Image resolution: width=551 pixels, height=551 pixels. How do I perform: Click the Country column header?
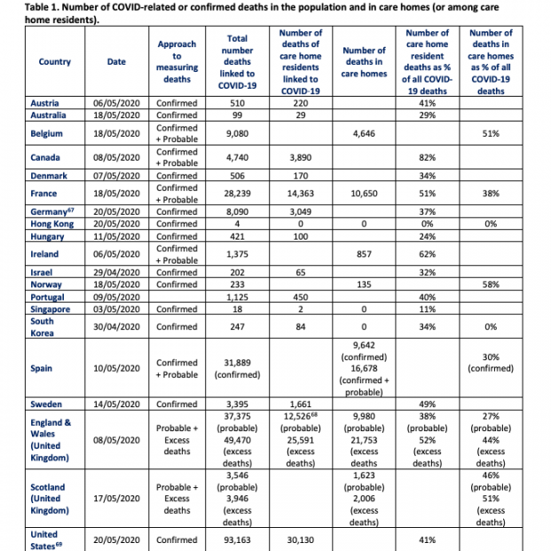click(55, 61)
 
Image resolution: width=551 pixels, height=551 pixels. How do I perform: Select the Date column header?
click(116, 61)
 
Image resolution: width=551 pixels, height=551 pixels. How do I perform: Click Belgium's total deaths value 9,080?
click(237, 134)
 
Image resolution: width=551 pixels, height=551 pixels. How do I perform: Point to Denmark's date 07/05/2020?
click(116, 176)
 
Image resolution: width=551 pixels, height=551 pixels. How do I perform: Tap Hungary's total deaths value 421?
click(237, 237)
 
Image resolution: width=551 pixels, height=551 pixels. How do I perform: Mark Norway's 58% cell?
click(491, 284)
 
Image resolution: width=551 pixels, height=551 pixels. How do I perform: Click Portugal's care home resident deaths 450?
click(300, 297)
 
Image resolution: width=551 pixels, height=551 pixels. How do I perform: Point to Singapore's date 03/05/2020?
click(116, 309)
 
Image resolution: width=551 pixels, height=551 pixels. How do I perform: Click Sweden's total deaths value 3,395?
click(237, 405)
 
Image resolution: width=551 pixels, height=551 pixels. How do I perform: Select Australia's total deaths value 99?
click(237, 115)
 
